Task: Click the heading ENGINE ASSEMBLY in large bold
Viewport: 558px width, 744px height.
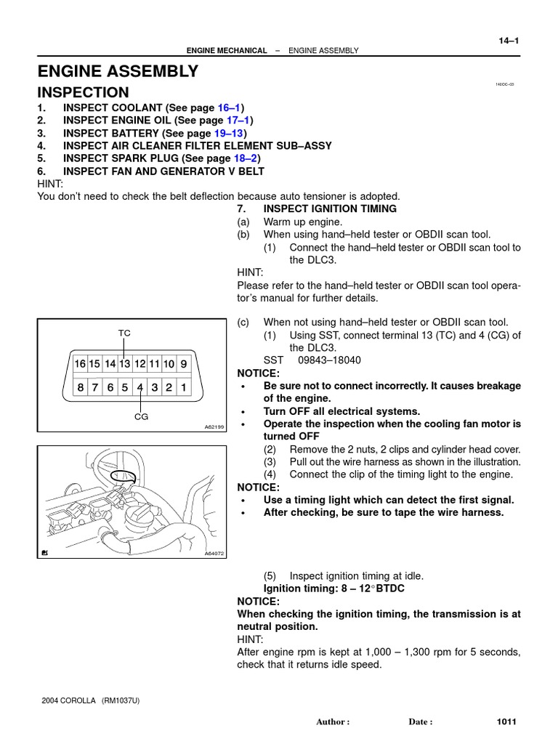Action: point(118,71)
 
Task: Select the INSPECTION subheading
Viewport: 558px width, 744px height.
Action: point(83,93)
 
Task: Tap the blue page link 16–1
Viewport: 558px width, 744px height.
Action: point(230,108)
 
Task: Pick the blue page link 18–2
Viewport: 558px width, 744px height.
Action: point(245,158)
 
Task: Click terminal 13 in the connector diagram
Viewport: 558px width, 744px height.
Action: point(125,363)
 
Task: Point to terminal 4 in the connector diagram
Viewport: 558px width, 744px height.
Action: point(139,388)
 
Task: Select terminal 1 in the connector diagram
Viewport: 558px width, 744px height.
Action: point(183,388)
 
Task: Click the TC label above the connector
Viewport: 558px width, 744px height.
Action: point(125,333)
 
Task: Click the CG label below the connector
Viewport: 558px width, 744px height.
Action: point(140,417)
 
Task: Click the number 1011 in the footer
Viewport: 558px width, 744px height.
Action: point(506,721)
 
